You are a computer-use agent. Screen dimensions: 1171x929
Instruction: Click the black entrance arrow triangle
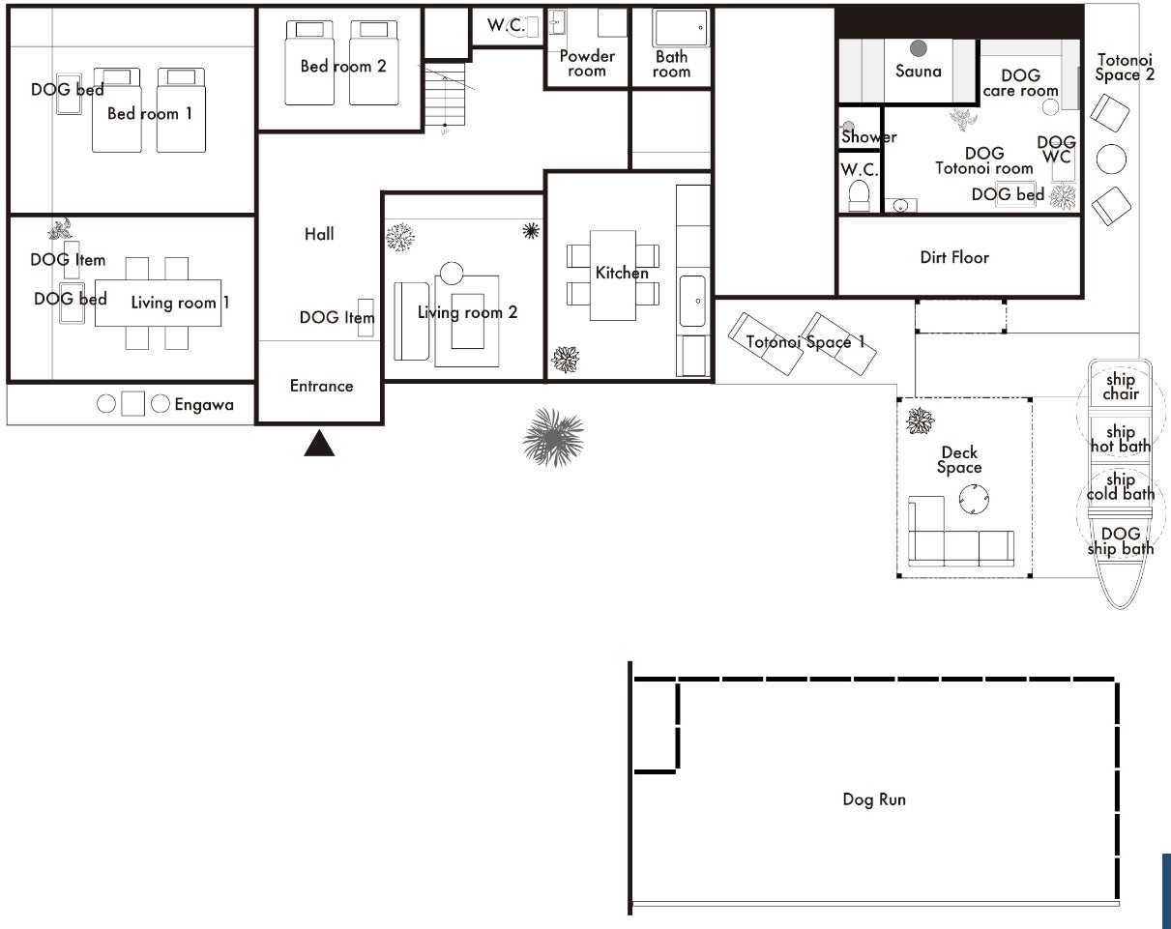pos(319,444)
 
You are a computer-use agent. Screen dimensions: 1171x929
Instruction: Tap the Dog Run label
pos(874,799)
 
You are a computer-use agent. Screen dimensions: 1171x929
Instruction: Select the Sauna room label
pos(918,72)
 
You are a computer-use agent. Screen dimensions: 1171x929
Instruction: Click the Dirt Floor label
pos(954,257)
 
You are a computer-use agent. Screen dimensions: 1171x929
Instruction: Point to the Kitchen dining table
pos(613,276)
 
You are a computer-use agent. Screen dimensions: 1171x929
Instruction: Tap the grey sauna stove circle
pos(918,48)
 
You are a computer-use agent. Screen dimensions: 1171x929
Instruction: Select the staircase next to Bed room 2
pos(445,95)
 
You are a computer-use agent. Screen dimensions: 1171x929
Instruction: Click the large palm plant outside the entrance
pos(553,437)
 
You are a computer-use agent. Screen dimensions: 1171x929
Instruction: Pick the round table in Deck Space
pos(974,499)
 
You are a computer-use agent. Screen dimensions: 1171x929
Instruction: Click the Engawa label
pos(204,405)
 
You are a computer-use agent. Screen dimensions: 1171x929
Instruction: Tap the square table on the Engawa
pos(132,403)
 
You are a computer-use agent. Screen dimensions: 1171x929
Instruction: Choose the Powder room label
pos(587,64)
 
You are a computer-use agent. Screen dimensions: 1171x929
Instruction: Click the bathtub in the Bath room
pos(682,28)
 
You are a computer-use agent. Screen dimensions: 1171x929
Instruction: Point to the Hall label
pos(319,235)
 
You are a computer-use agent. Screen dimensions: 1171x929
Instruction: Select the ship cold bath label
pos(1121,487)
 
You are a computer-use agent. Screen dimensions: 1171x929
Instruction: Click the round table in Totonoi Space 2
pos(1111,159)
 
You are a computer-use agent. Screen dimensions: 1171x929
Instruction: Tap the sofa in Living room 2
pos(411,321)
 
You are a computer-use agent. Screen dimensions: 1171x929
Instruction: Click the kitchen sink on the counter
pos(692,301)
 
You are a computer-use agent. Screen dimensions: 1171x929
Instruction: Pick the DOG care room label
pos(1021,83)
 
